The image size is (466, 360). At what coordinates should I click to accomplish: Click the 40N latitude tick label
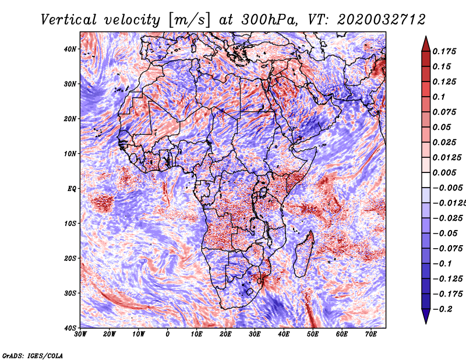(70, 49)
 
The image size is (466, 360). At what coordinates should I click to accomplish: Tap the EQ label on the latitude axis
(72, 189)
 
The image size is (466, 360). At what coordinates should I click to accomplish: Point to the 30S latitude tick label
(70, 293)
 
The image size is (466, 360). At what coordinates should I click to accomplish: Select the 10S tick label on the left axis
(70, 223)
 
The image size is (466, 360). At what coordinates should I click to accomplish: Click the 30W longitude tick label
(80, 334)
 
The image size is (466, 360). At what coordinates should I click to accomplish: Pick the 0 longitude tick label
(168, 334)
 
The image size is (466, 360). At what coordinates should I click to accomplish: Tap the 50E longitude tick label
(313, 334)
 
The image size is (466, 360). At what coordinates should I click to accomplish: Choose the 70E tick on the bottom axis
(371, 334)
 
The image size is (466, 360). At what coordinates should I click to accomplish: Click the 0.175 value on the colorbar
(444, 51)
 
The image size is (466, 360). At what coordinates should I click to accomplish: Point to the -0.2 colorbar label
(442, 309)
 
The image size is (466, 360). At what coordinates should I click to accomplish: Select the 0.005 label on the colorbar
(444, 172)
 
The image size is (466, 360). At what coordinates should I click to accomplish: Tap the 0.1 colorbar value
(439, 97)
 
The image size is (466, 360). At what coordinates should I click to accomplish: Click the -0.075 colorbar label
(447, 248)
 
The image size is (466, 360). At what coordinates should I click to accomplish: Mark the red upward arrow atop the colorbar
(426, 44)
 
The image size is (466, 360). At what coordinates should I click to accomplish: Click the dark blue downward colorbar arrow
(426, 316)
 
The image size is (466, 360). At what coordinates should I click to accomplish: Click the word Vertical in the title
(69, 20)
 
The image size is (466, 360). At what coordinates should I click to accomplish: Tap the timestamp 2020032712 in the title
(382, 20)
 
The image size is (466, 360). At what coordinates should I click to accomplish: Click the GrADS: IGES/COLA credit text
(33, 356)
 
